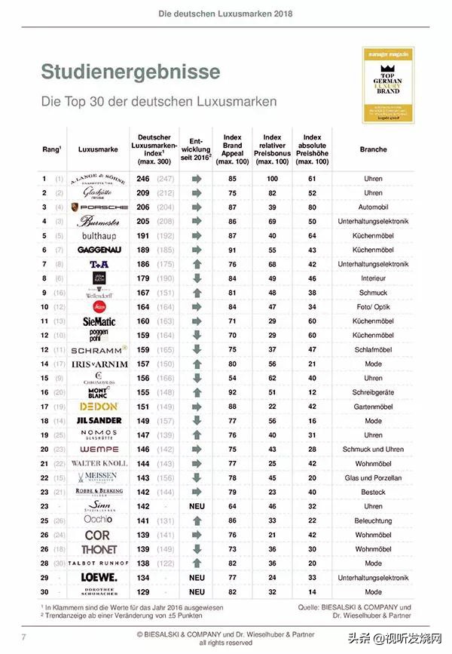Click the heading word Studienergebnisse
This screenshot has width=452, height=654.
click(x=130, y=72)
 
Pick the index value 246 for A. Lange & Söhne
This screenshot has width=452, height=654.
click(x=143, y=179)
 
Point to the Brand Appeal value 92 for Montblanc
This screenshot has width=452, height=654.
click(x=232, y=392)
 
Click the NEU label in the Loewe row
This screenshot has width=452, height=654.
click(x=197, y=577)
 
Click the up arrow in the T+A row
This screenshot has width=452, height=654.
click(x=197, y=264)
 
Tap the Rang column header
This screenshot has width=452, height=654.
click(x=51, y=149)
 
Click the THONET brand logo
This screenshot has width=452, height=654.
click(x=99, y=549)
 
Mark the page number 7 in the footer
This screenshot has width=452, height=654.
click(x=23, y=637)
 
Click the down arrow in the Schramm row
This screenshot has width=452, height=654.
click(x=197, y=349)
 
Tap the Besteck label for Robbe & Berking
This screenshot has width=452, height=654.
click(x=372, y=492)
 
